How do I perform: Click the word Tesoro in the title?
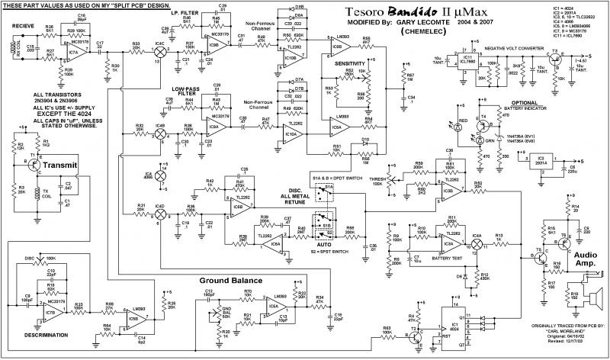pos(353,13)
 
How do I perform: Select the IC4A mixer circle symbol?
pos(478,244)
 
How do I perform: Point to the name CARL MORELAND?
pos(557,333)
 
